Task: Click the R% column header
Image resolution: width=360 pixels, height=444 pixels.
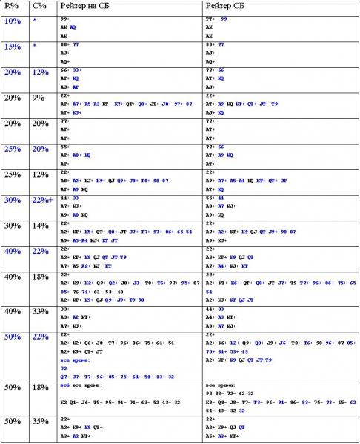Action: tap(12, 5)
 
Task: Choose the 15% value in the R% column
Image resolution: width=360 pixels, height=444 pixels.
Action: tap(13, 47)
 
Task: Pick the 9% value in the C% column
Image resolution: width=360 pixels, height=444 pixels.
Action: tap(39, 98)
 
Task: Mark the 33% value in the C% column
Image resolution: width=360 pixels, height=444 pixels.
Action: tap(41, 311)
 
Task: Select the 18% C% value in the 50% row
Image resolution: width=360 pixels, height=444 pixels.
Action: tap(41, 387)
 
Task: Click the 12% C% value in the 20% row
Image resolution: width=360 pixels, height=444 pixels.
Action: tap(41, 73)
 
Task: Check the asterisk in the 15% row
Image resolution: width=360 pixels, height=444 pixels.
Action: tap(35, 47)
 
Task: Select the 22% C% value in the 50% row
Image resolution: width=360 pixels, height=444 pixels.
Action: tap(41, 337)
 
